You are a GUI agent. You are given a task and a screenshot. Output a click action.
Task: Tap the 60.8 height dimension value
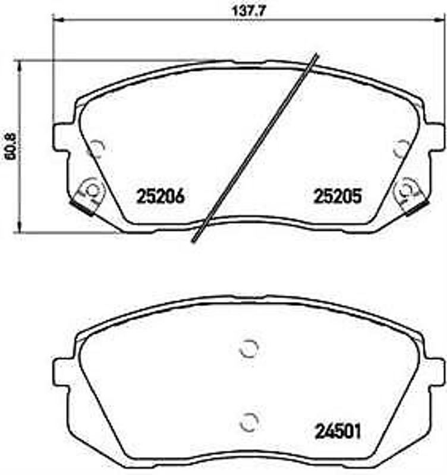pos(8,145)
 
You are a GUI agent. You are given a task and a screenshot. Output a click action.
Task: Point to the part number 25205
pos(333,196)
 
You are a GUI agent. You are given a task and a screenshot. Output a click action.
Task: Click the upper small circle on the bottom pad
pos(248,350)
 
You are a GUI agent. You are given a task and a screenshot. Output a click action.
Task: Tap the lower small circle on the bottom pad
pos(248,422)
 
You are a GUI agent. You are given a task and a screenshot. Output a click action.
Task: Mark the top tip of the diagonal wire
pos(316,55)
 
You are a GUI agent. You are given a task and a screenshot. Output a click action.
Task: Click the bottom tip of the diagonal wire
pos(195,240)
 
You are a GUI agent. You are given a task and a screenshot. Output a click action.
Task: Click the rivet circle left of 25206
pos(92,189)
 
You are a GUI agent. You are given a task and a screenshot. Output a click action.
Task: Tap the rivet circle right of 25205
pos(407,189)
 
